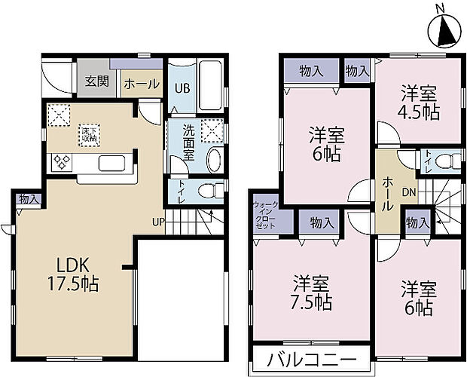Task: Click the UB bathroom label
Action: pos(182,87)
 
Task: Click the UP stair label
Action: pos(158,222)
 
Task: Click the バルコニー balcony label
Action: pos(310,360)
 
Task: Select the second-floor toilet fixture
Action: pos(448,161)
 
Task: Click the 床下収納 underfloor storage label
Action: pos(90,135)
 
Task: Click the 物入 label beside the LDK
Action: pos(29,199)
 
